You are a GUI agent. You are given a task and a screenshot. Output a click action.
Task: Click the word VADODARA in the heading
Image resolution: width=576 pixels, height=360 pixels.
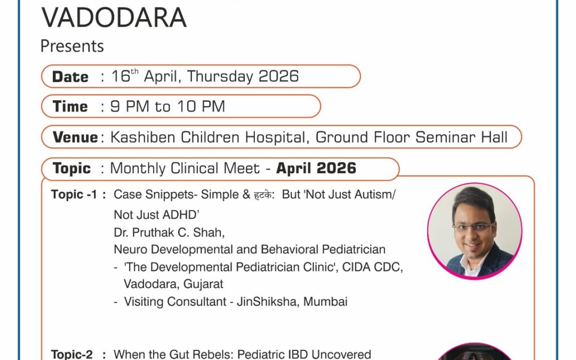pos(114,18)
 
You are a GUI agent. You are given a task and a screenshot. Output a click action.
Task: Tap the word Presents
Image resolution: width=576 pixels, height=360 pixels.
pos(72,46)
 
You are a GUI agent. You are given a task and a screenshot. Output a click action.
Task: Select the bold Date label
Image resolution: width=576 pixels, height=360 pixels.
pos(70,77)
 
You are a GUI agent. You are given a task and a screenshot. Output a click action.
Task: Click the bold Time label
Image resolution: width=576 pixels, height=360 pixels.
pos(70,107)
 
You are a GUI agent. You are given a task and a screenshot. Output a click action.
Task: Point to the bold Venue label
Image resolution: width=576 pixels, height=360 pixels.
pos(75,138)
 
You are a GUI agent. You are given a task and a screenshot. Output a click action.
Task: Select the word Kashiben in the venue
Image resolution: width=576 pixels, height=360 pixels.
pos(143,138)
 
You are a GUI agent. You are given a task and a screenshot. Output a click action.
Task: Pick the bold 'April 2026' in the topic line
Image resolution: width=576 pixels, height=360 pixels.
pos(316,169)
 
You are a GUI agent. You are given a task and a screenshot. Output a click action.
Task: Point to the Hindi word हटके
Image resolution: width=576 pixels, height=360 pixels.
pos(263,195)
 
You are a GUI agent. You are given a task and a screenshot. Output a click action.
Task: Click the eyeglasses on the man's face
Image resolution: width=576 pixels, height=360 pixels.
pos(473,226)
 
